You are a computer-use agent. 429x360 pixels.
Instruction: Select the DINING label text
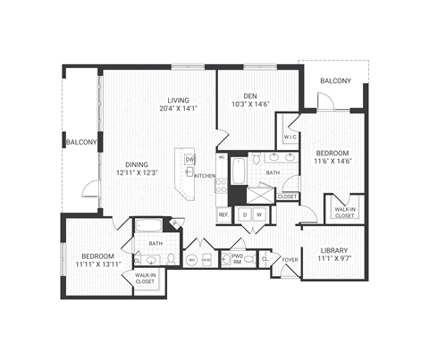point(137,163)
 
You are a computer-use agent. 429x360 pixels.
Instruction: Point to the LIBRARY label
point(332,251)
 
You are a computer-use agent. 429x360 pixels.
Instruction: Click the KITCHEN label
point(204,176)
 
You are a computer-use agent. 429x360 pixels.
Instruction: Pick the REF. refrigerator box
point(223,214)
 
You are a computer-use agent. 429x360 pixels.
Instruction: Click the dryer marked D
point(242,214)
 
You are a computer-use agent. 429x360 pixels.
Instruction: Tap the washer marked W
point(258,214)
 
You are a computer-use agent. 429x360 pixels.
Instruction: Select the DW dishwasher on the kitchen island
point(189,159)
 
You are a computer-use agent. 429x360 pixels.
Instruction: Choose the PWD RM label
point(238,259)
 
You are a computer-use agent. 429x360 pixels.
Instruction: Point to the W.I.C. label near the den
point(290,137)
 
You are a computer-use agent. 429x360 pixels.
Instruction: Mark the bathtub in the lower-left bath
point(148,225)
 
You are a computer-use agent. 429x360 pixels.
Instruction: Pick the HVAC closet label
point(206,260)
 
